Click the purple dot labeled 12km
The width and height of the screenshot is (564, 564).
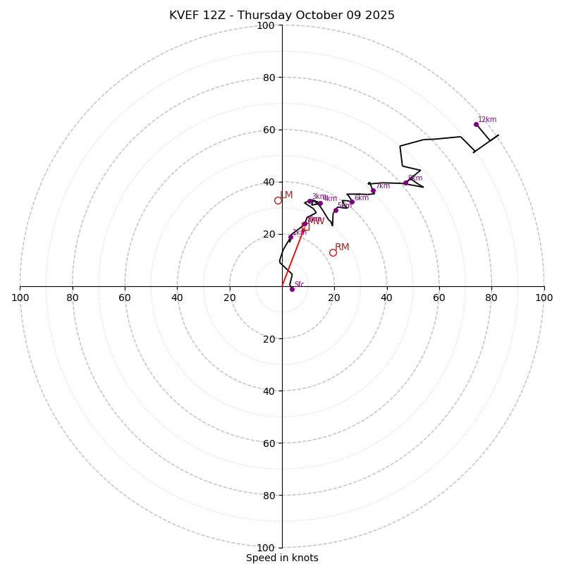pyautogui.click(x=476, y=124)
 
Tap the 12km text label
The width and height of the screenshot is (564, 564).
pyautogui.click(x=487, y=120)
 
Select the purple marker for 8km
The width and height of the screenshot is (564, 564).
pyautogui.click(x=405, y=183)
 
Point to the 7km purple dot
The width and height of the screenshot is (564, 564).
pyautogui.click(x=373, y=191)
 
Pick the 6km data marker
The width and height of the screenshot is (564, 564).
pyautogui.click(x=352, y=202)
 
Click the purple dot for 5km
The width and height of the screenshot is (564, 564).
pyautogui.click(x=336, y=210)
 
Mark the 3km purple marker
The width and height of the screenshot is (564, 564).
pyautogui.click(x=309, y=201)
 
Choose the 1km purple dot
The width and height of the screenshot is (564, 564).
pyautogui.click(x=290, y=237)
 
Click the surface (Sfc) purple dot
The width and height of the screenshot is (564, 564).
pyautogui.click(x=292, y=289)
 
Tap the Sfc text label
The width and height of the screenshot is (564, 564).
pyautogui.click(x=299, y=285)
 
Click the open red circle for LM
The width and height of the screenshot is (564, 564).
pyautogui.click(x=278, y=200)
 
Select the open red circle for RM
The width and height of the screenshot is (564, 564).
pyautogui.click(x=333, y=252)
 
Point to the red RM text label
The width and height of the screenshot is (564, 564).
pyautogui.click(x=342, y=247)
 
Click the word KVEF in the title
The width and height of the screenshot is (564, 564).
pyautogui.click(x=185, y=16)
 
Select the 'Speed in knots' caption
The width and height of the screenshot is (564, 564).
pyautogui.click(x=282, y=558)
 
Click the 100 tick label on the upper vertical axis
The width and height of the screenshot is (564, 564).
pyautogui.click(x=266, y=25)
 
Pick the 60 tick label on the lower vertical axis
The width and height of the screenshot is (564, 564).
pyautogui.click(x=266, y=443)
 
